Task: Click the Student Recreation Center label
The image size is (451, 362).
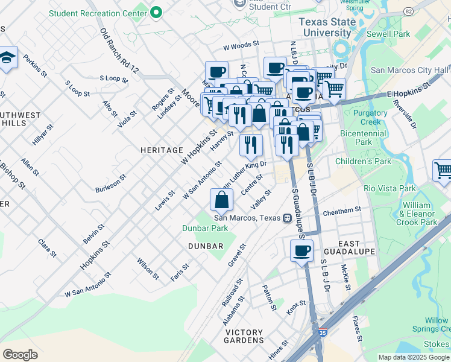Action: tap(97, 13)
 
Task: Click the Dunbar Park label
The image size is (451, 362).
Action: tap(205, 228)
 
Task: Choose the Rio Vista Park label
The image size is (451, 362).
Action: tap(389, 188)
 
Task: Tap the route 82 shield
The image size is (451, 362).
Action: tap(408, 11)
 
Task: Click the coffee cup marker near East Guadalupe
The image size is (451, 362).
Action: tap(301, 250)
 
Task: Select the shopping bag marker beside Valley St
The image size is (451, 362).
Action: tap(222, 199)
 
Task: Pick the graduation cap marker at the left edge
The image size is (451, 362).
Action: tap(7, 58)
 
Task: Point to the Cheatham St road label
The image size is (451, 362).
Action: tap(341, 210)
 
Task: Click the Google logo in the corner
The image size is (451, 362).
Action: tap(20, 355)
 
